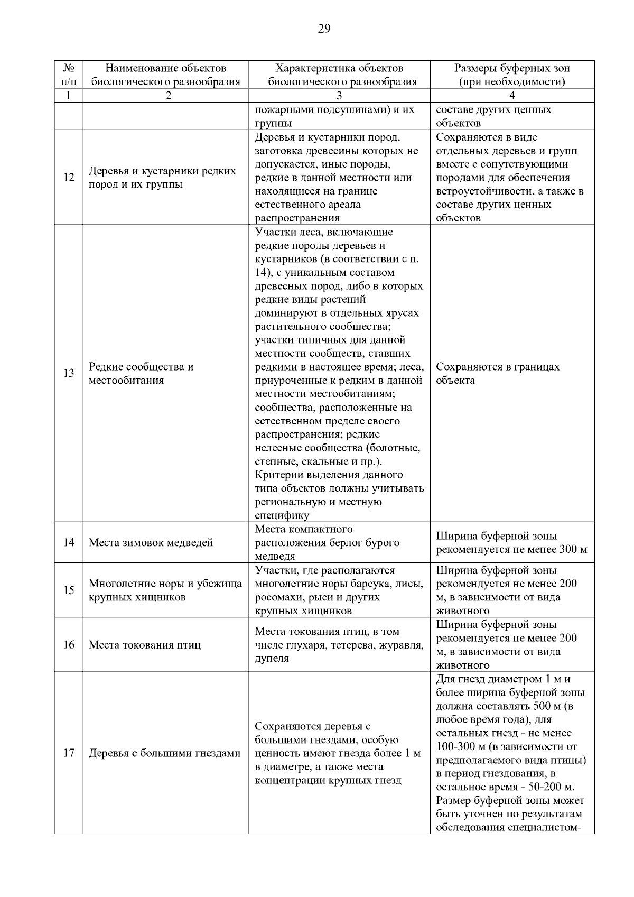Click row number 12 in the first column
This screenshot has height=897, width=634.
pos(69,178)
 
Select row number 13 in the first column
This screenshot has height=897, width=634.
pos(69,374)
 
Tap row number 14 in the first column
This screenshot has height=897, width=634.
pos(69,543)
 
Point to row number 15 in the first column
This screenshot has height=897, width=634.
pos(69,590)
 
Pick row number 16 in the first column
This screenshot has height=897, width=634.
pos(69,645)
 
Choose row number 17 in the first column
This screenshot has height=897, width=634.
pos(69,753)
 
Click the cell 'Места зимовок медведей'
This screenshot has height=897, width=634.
pos(151,543)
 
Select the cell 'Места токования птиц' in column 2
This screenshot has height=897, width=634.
pos(144,645)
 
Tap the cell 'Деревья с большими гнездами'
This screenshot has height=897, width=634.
pos(164,753)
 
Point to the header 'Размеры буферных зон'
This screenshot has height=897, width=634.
pos(512,69)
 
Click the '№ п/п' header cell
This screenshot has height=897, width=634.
pos(69,75)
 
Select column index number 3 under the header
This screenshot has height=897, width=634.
pos(339,96)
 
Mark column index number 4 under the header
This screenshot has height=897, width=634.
pos(512,96)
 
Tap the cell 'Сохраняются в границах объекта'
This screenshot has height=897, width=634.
pos(497,374)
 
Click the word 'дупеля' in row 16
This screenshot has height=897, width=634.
pos(272,659)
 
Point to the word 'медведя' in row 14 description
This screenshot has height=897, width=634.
pos(275,557)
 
